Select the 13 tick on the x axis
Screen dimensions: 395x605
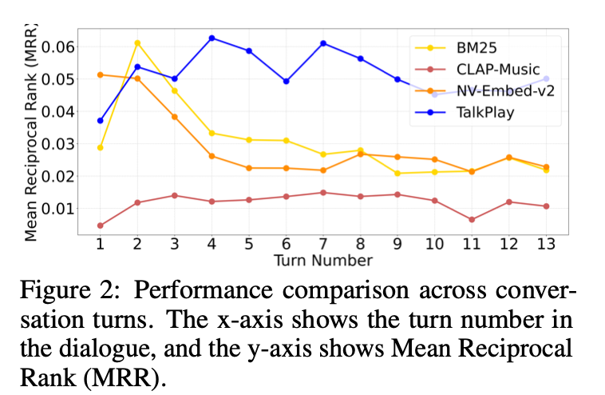point(545,245)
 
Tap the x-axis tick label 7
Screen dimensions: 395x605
point(322,245)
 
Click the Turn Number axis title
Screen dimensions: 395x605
point(322,261)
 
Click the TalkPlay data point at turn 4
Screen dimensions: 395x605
point(212,38)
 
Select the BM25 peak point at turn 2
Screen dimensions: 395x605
point(137,42)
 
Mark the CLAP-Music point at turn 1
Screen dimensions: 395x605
point(101,225)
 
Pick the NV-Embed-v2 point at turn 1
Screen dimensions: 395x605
point(101,74)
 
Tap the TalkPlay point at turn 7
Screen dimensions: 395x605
point(322,43)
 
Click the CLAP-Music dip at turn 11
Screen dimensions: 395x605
point(471,219)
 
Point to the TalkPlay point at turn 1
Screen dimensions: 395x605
point(101,121)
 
